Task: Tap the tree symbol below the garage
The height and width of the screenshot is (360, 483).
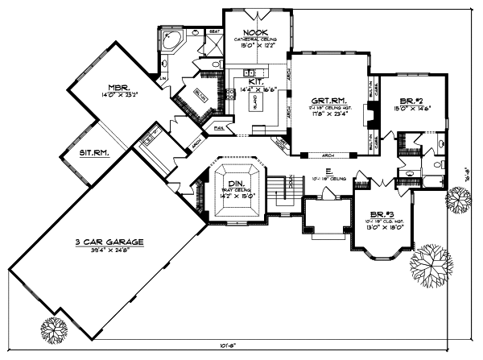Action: tap(54, 329)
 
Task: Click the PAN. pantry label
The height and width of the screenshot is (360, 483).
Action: tap(218, 126)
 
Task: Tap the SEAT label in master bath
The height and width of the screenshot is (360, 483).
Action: tap(214, 31)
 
